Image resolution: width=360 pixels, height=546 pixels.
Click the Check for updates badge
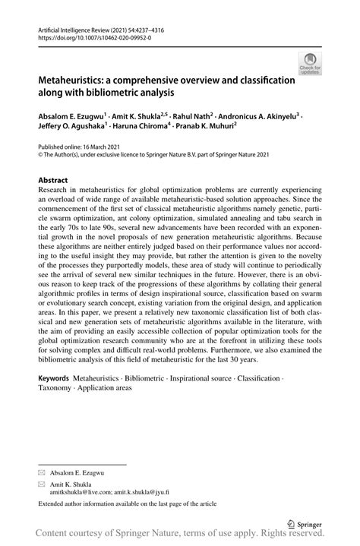(x=310, y=64)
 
